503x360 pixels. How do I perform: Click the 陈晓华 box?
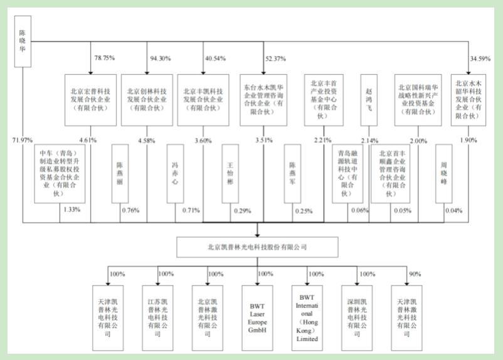point(23,42)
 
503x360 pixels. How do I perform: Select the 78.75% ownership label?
point(104,58)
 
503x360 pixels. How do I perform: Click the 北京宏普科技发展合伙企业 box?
point(90,100)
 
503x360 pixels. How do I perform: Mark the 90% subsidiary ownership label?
point(413,273)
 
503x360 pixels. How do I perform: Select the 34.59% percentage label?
point(480,59)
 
